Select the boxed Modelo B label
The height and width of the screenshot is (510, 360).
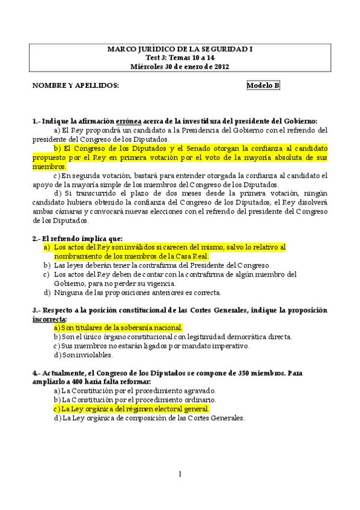[x=263, y=85]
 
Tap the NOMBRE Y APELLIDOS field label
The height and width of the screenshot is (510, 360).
[x=76, y=85]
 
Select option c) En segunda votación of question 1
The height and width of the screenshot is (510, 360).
[x=180, y=180]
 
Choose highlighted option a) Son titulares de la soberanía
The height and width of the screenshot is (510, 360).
[x=118, y=328]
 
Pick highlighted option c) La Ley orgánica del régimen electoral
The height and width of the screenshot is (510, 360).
[x=131, y=408]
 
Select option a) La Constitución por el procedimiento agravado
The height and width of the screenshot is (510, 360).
[x=135, y=390]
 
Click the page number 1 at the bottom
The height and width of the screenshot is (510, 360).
[x=180, y=475]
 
